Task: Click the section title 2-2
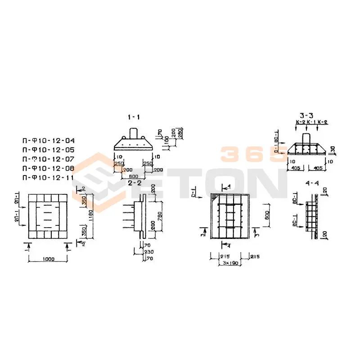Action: coord(135,183)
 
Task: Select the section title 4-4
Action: coord(311,184)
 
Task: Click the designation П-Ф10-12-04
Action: coord(48,140)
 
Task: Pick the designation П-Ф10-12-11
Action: coord(48,178)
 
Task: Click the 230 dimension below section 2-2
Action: coord(148,253)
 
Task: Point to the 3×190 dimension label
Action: coord(230,262)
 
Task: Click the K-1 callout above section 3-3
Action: coord(310,122)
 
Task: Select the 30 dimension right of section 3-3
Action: coord(332,148)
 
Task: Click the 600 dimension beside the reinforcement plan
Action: coord(266,215)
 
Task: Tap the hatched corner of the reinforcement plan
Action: coord(215,198)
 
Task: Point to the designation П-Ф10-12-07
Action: coord(48,159)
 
